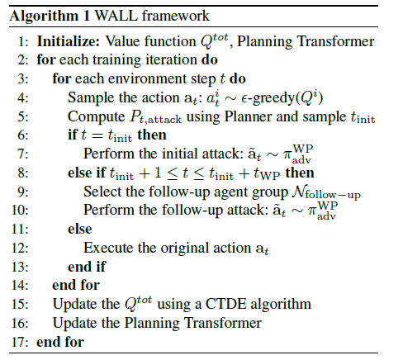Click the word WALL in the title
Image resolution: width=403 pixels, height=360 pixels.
tap(116, 16)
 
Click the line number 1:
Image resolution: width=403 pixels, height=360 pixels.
tap(23, 42)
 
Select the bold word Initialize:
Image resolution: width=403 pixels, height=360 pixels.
tap(69, 42)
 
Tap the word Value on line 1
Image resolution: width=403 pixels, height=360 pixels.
tap(122, 41)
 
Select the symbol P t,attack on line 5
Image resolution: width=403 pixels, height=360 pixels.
tap(155, 117)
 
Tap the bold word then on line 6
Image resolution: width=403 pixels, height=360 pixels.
tap(152, 135)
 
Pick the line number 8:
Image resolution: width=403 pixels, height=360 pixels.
tap(23, 173)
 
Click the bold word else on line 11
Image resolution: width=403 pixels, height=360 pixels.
tap(80, 230)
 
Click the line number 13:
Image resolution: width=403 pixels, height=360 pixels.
tap(20, 267)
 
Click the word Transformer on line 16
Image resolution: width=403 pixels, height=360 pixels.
tap(223, 323)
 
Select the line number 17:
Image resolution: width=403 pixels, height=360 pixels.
tap(20, 342)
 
